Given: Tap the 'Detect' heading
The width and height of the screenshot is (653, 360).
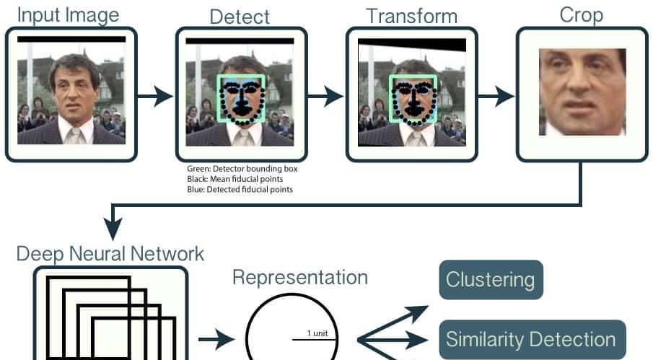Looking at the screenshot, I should pyautogui.click(x=240, y=16).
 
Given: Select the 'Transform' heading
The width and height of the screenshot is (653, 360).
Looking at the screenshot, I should pyautogui.click(x=411, y=16).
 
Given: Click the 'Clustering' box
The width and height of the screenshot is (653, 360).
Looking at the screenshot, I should pyautogui.click(x=490, y=280).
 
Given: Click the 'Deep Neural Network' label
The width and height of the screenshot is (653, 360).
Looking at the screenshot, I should pyautogui.click(x=110, y=254).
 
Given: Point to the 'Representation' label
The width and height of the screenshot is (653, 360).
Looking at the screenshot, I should pyautogui.click(x=299, y=278).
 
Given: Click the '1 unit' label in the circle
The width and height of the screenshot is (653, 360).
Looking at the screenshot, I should pyautogui.click(x=317, y=333).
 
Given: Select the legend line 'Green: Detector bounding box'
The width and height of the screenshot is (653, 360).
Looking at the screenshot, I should pyautogui.click(x=242, y=169).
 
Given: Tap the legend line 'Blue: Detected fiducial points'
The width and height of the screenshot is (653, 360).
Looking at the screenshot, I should pyautogui.click(x=240, y=189).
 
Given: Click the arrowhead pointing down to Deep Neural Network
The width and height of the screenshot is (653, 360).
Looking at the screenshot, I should pyautogui.click(x=112, y=229).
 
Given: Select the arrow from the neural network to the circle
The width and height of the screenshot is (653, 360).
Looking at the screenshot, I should pyautogui.click(x=216, y=338).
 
